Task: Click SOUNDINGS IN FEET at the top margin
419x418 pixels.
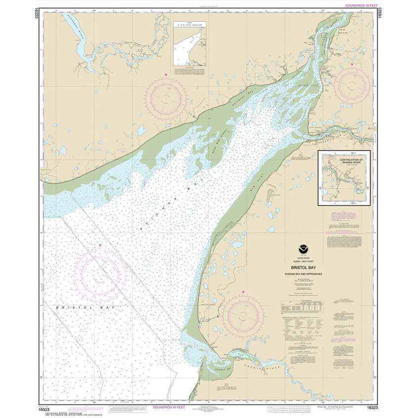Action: (353, 5)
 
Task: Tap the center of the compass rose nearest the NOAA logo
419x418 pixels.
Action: (243, 316)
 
